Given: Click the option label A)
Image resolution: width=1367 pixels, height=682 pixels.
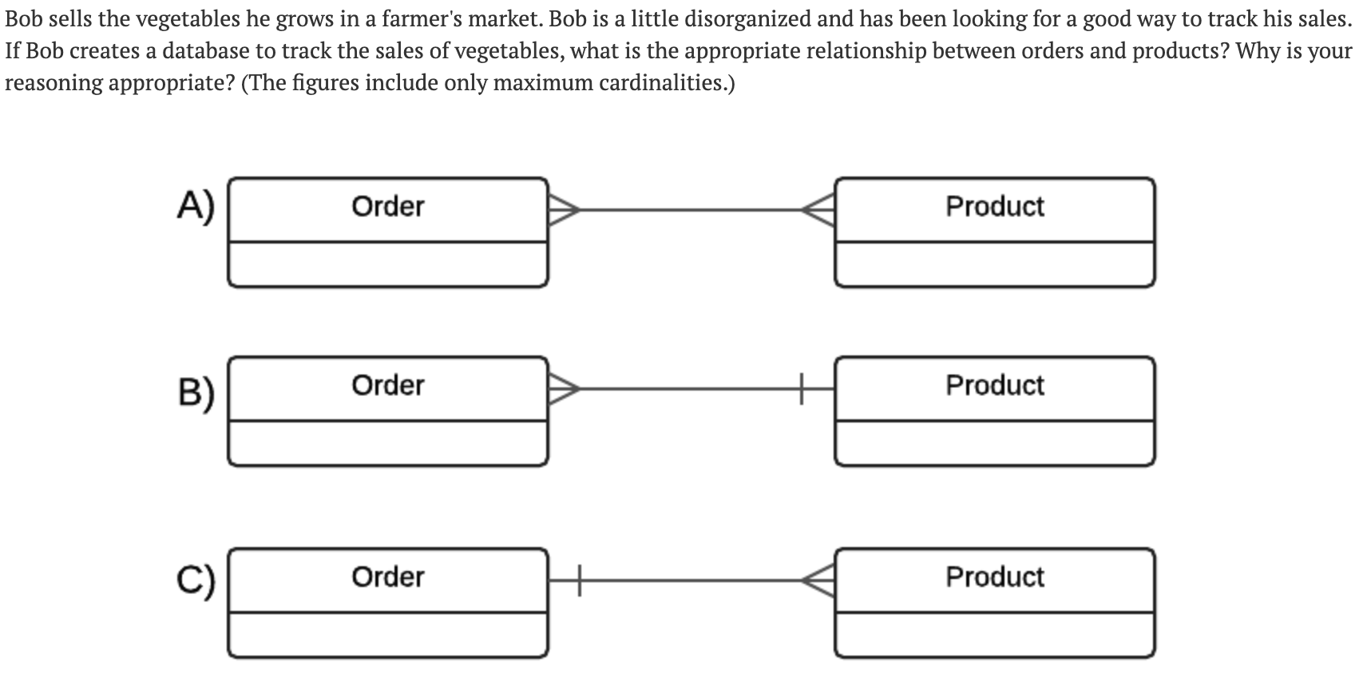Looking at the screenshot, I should pos(196,207).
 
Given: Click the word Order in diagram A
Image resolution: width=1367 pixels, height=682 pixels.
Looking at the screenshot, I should pos(388,207).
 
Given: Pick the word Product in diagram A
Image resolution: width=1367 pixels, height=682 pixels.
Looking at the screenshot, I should pos(995,207).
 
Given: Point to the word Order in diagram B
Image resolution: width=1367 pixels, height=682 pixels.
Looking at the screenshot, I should pos(388,386).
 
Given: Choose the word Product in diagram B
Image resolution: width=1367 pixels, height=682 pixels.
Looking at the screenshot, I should pos(995,386).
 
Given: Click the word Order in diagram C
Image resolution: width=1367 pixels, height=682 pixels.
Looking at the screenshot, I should pos(388,577).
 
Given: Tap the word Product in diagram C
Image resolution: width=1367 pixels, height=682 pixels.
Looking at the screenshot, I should pos(995,577).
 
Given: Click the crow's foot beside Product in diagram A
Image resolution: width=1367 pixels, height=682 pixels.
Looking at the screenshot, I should pos(820,210).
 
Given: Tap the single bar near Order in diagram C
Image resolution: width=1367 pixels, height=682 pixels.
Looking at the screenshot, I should pos(580,581).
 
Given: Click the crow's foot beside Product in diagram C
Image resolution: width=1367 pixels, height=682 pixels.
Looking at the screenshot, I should pos(820,581).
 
